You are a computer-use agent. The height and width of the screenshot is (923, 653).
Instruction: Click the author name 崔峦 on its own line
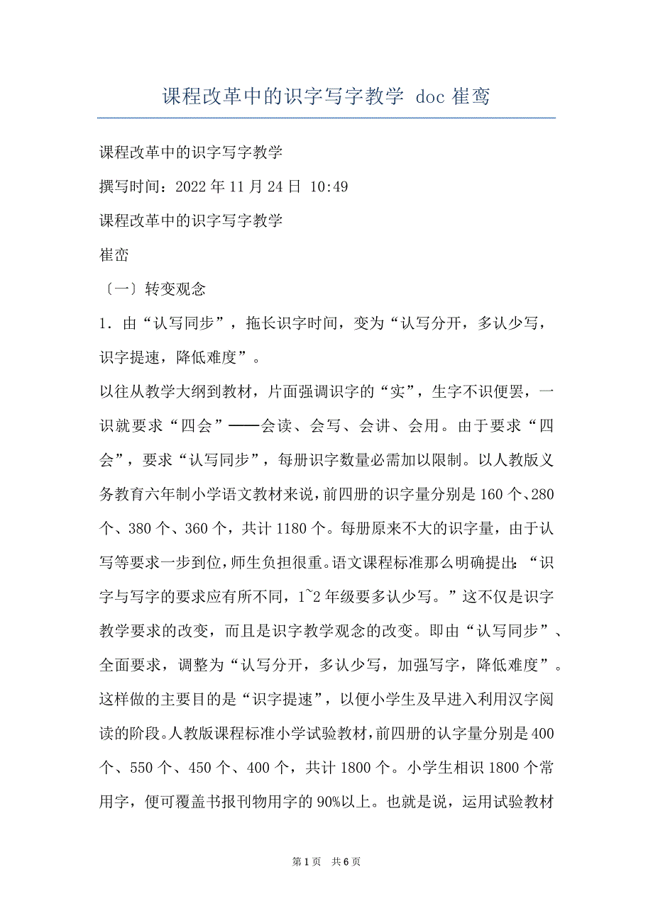click(x=114, y=254)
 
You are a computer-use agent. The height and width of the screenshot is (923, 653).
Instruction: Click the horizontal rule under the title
click(x=326, y=118)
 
